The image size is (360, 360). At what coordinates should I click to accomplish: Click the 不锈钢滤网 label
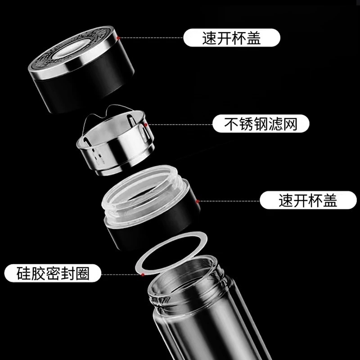click(261, 124)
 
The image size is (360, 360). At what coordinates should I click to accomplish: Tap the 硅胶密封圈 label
click(53, 273)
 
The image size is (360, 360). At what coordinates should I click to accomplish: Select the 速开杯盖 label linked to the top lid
click(232, 38)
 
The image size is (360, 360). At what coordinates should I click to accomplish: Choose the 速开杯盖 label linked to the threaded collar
click(308, 200)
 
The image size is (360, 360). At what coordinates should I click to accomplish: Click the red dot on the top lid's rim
click(118, 38)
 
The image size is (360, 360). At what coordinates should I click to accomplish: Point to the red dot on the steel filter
click(145, 125)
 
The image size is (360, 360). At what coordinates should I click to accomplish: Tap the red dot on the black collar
click(197, 201)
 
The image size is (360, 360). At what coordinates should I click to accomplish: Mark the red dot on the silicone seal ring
click(143, 274)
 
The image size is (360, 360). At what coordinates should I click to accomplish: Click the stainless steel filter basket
click(115, 142)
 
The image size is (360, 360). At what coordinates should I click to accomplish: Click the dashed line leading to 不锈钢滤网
click(180, 125)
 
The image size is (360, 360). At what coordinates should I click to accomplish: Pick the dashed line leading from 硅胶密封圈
click(121, 274)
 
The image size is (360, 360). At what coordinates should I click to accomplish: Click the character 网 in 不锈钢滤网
click(290, 124)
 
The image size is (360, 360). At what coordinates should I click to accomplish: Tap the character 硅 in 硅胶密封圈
click(23, 273)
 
